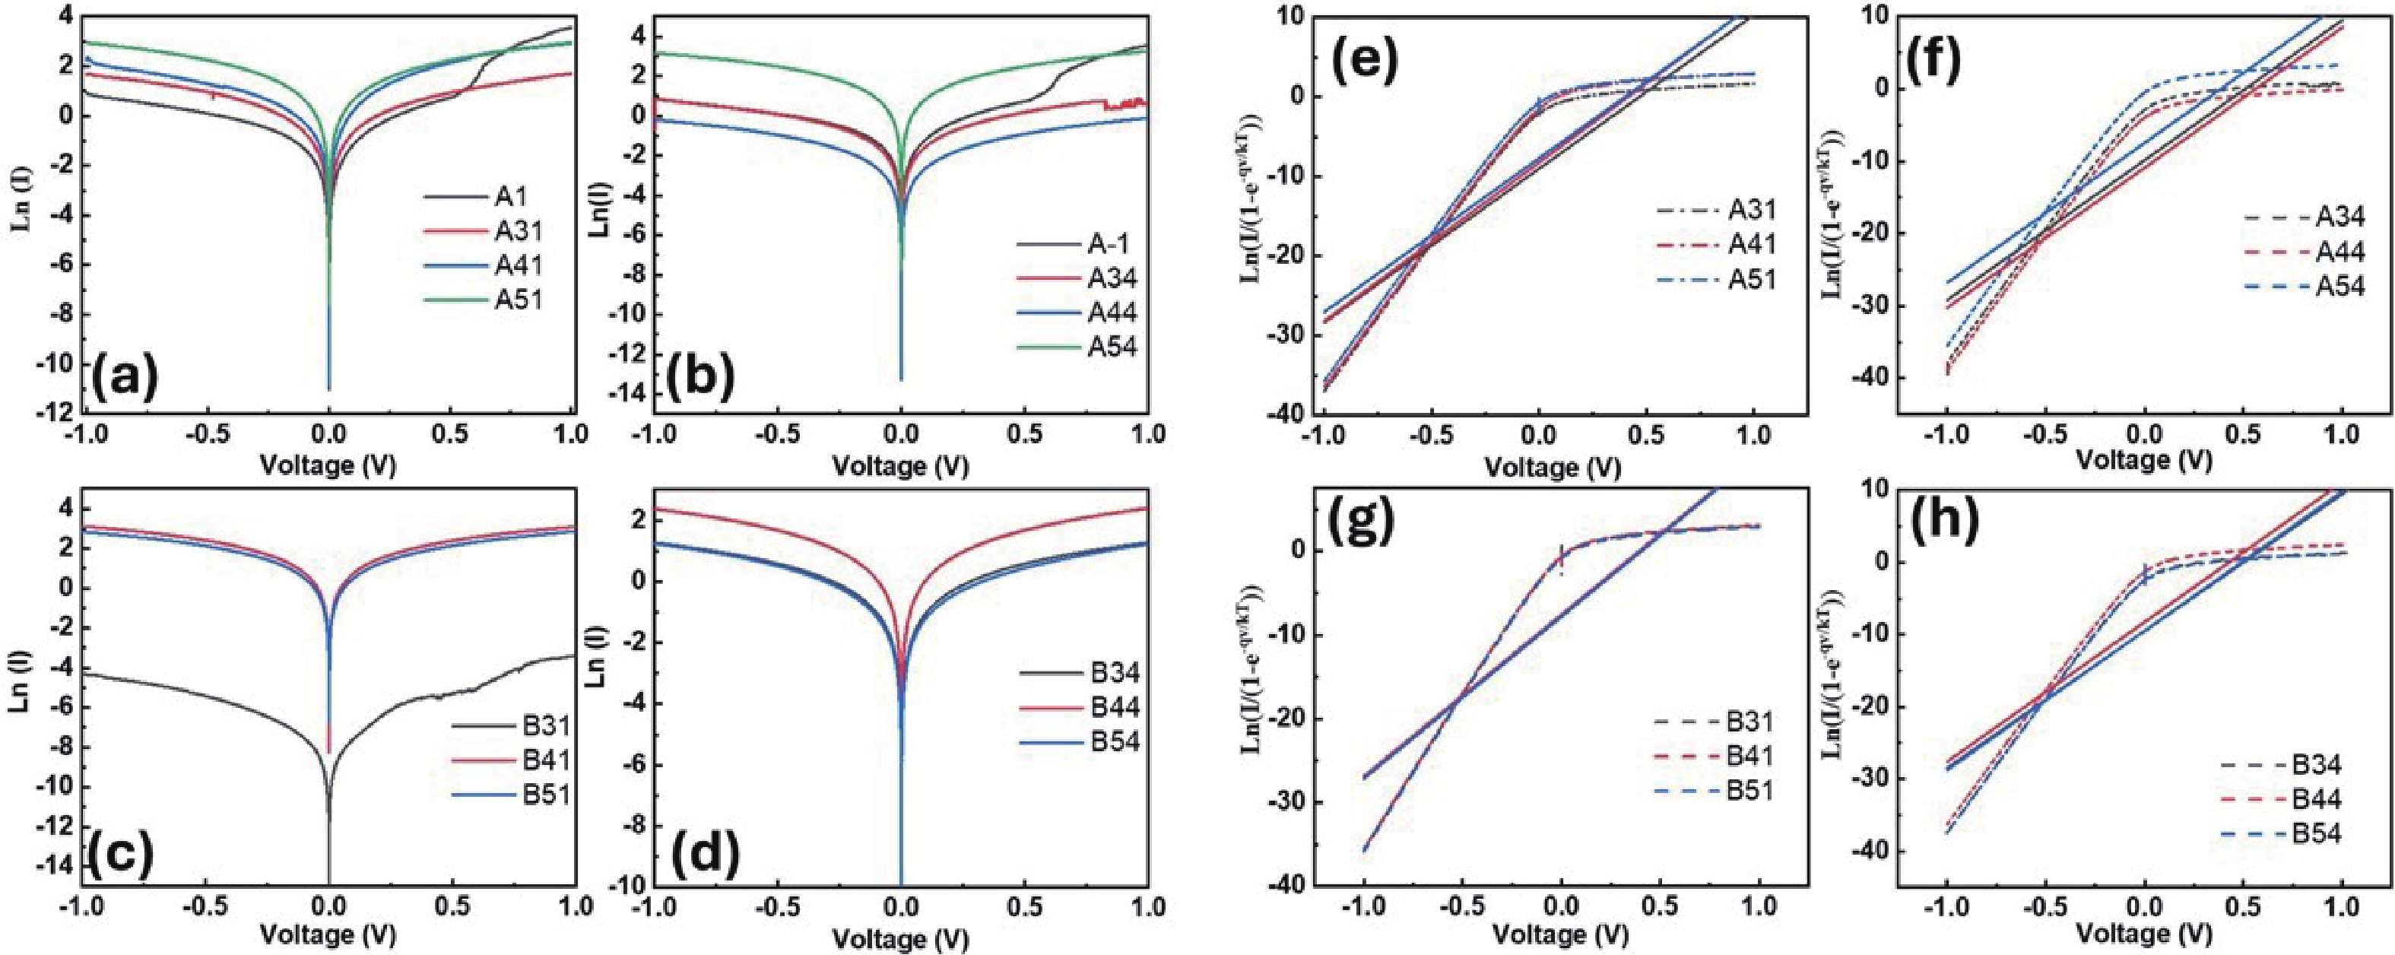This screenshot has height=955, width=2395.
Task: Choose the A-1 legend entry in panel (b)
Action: [x=1077, y=245]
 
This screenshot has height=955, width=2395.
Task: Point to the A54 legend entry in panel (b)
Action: [x=1077, y=347]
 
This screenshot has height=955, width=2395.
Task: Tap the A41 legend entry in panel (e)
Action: [x=1718, y=245]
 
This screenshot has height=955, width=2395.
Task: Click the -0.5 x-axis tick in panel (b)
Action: [x=777, y=434]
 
